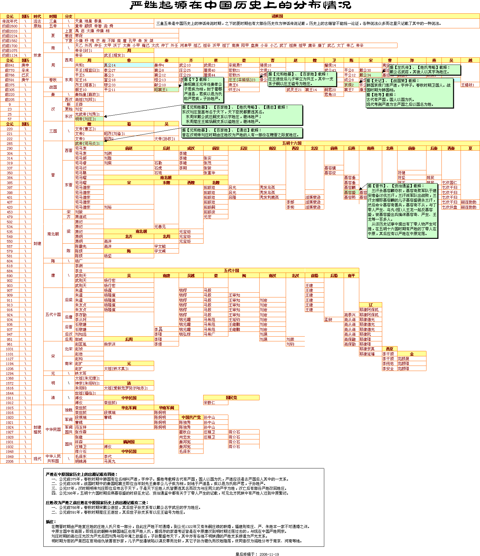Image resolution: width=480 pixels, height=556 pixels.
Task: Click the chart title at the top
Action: [x=241, y=5]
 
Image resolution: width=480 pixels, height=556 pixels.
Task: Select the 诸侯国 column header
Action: [x=277, y=16]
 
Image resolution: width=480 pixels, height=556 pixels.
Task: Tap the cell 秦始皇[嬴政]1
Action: [x=87, y=95]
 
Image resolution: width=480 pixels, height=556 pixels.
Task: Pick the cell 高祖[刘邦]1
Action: [x=85, y=100]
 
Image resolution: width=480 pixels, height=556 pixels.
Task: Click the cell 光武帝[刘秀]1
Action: [x=87, y=114]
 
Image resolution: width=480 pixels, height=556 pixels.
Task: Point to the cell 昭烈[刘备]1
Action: [x=114, y=134]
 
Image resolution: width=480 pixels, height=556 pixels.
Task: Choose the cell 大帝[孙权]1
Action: [x=165, y=139]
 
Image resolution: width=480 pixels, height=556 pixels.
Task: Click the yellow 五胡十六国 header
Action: [x=291, y=143]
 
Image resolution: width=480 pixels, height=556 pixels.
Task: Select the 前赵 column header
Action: [x=129, y=148]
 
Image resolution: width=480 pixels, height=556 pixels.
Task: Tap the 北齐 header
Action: [x=129, y=237]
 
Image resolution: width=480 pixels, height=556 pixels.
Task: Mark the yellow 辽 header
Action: [x=370, y=305]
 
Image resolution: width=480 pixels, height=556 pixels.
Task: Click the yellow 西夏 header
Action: [x=390, y=349]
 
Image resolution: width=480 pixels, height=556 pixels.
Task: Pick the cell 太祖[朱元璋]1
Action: [x=87, y=378]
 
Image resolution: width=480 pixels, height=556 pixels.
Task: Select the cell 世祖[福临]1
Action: [x=85, y=393]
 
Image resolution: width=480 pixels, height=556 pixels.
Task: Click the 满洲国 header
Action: [x=129, y=442]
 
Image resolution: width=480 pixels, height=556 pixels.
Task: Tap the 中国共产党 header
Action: [x=191, y=417]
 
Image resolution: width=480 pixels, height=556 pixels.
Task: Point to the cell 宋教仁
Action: [x=209, y=403]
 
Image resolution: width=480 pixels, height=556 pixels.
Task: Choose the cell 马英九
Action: [x=110, y=461]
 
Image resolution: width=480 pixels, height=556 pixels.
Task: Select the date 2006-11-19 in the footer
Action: [x=269, y=554]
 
